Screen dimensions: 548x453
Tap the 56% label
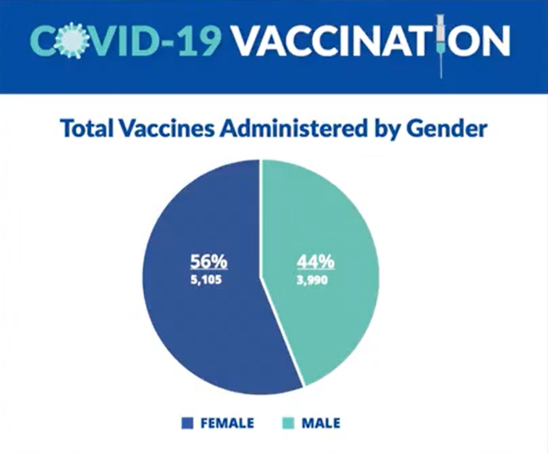point(209,261)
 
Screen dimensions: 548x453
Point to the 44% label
point(316,261)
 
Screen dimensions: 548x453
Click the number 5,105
point(206,280)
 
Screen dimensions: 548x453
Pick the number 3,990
point(312,280)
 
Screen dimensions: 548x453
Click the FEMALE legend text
point(227,423)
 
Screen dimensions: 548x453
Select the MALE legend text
point(321,423)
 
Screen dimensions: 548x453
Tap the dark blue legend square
point(187,423)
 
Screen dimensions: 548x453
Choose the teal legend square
point(288,423)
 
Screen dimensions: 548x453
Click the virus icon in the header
point(72,40)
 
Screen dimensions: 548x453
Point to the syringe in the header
point(442,45)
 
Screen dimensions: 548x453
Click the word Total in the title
point(87,128)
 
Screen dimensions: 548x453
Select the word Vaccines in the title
point(166,128)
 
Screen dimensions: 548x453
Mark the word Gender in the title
point(447,128)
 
